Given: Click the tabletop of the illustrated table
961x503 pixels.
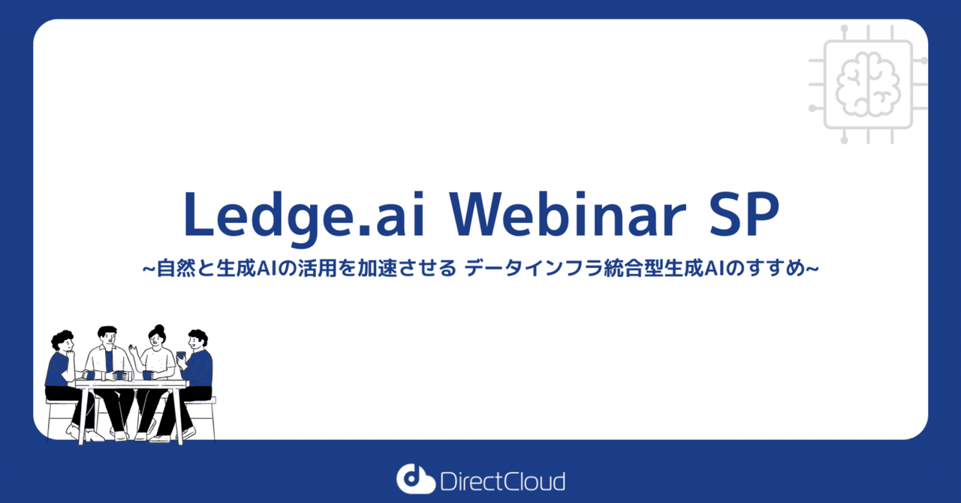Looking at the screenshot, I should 131,384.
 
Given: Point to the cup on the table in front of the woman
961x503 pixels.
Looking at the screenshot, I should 147,375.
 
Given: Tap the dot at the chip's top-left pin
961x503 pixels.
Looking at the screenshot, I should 845,27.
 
